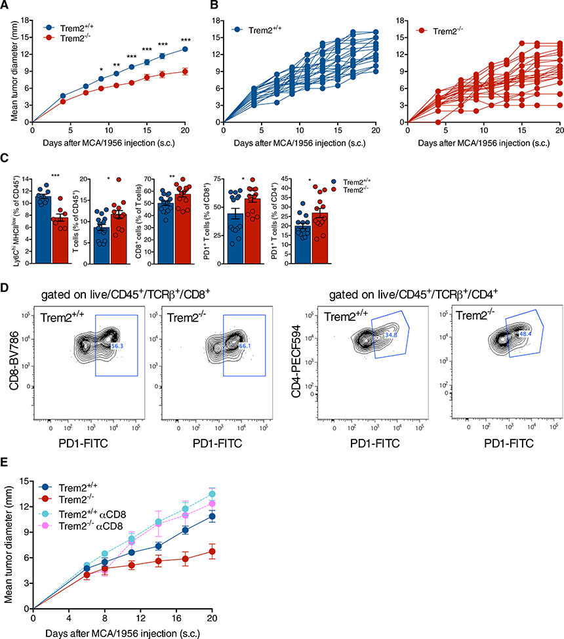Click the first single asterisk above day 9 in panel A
tap(101, 69)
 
